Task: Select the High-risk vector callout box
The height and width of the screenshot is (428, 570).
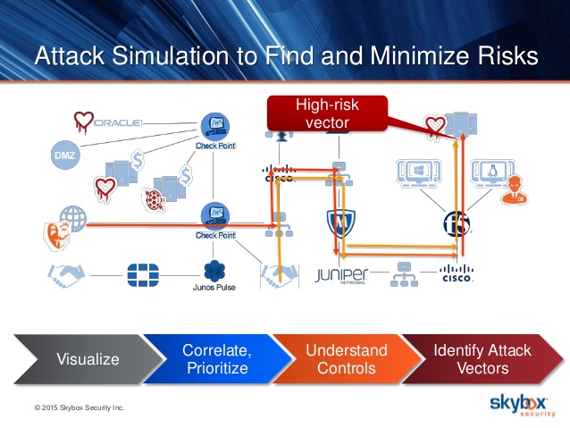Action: point(327,113)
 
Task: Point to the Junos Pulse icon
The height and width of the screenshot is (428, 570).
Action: point(214,270)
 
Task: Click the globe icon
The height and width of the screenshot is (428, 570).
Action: point(73,217)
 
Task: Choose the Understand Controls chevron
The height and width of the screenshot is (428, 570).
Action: point(346,359)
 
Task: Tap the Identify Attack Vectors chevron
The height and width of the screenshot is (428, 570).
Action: point(482,359)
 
